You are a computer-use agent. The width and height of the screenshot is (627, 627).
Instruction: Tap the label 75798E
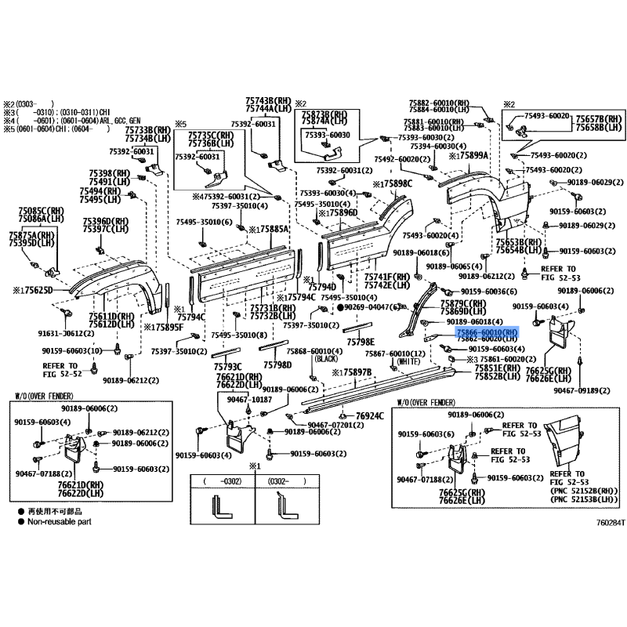coord(361,342)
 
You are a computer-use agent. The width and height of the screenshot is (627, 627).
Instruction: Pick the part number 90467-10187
coord(249,399)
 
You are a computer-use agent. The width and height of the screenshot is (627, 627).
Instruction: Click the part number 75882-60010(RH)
coord(439,103)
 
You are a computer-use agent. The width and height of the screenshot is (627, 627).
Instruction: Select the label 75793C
coord(227,366)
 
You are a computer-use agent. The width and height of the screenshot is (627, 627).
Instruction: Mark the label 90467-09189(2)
coord(582,390)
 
